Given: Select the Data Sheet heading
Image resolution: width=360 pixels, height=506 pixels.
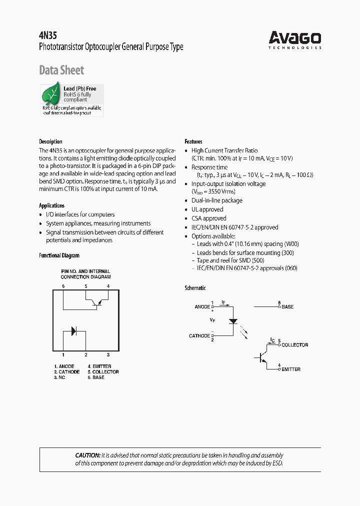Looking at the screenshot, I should pos(61,70).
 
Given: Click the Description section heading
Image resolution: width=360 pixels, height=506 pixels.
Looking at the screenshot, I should pos(50,141).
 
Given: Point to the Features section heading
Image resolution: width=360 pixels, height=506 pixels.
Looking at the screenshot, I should pos(193,141).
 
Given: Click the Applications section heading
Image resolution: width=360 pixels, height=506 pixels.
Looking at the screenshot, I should pos(51,205).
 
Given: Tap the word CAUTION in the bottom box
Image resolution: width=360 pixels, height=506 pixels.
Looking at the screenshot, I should pos(88,455).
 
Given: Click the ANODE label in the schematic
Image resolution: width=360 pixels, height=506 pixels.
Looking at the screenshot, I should pos(202,307).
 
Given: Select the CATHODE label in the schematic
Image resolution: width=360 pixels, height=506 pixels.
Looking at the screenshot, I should pos(199,336).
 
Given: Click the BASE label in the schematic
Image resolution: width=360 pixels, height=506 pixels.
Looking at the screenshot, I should pos(287,306).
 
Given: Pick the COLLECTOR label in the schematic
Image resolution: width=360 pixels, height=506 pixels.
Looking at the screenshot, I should pos(294,345).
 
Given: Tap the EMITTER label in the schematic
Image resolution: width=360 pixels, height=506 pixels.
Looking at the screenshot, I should pos(291,369).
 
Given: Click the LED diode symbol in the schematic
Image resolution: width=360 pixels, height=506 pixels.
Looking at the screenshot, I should pos(233,320).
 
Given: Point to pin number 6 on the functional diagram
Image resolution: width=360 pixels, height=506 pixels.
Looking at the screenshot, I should pos(63,286).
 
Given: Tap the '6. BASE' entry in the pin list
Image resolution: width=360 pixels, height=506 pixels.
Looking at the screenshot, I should pos(96,377).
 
